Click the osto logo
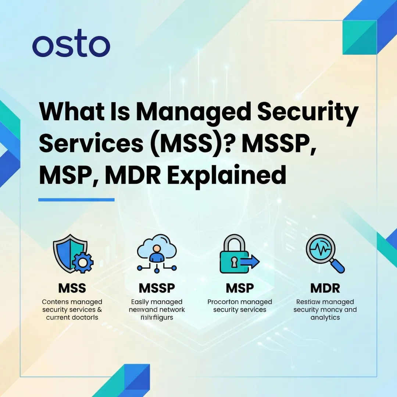click(71, 46)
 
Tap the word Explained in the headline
click(228, 175)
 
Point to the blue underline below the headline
click(76, 200)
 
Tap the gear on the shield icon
click(82, 262)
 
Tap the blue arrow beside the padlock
click(251, 262)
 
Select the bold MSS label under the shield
click(72, 288)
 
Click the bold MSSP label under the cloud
click(157, 288)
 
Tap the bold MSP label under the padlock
click(240, 288)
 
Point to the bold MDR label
click(325, 288)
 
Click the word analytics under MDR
click(325, 318)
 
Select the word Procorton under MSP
click(223, 302)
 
